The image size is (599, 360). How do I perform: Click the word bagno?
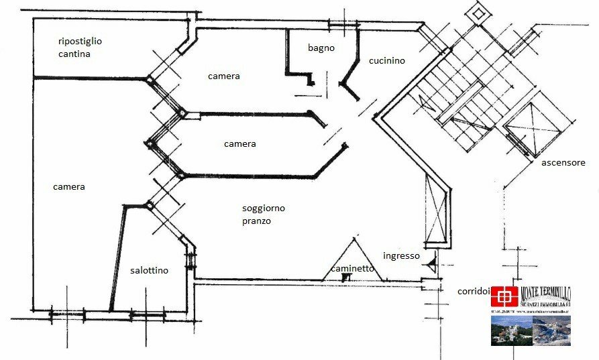(x=321, y=48)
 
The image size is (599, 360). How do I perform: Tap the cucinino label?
(x=387, y=61)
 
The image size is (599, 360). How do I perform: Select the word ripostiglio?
(x=80, y=41)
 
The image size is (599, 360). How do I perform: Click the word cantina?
(x=74, y=54)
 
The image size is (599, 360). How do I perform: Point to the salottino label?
(x=149, y=271)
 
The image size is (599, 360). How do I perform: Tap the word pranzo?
(x=256, y=221)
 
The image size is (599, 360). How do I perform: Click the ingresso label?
(x=401, y=255)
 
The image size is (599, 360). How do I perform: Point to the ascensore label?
(x=563, y=163)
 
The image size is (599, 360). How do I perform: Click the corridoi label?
(x=474, y=292)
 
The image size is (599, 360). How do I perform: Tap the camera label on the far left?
(x=69, y=186)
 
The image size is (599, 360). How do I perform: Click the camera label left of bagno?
(x=224, y=76)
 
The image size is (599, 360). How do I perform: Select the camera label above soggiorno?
(x=239, y=144)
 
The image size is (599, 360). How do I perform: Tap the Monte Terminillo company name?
(x=545, y=292)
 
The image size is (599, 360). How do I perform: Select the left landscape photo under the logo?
(x=510, y=331)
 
